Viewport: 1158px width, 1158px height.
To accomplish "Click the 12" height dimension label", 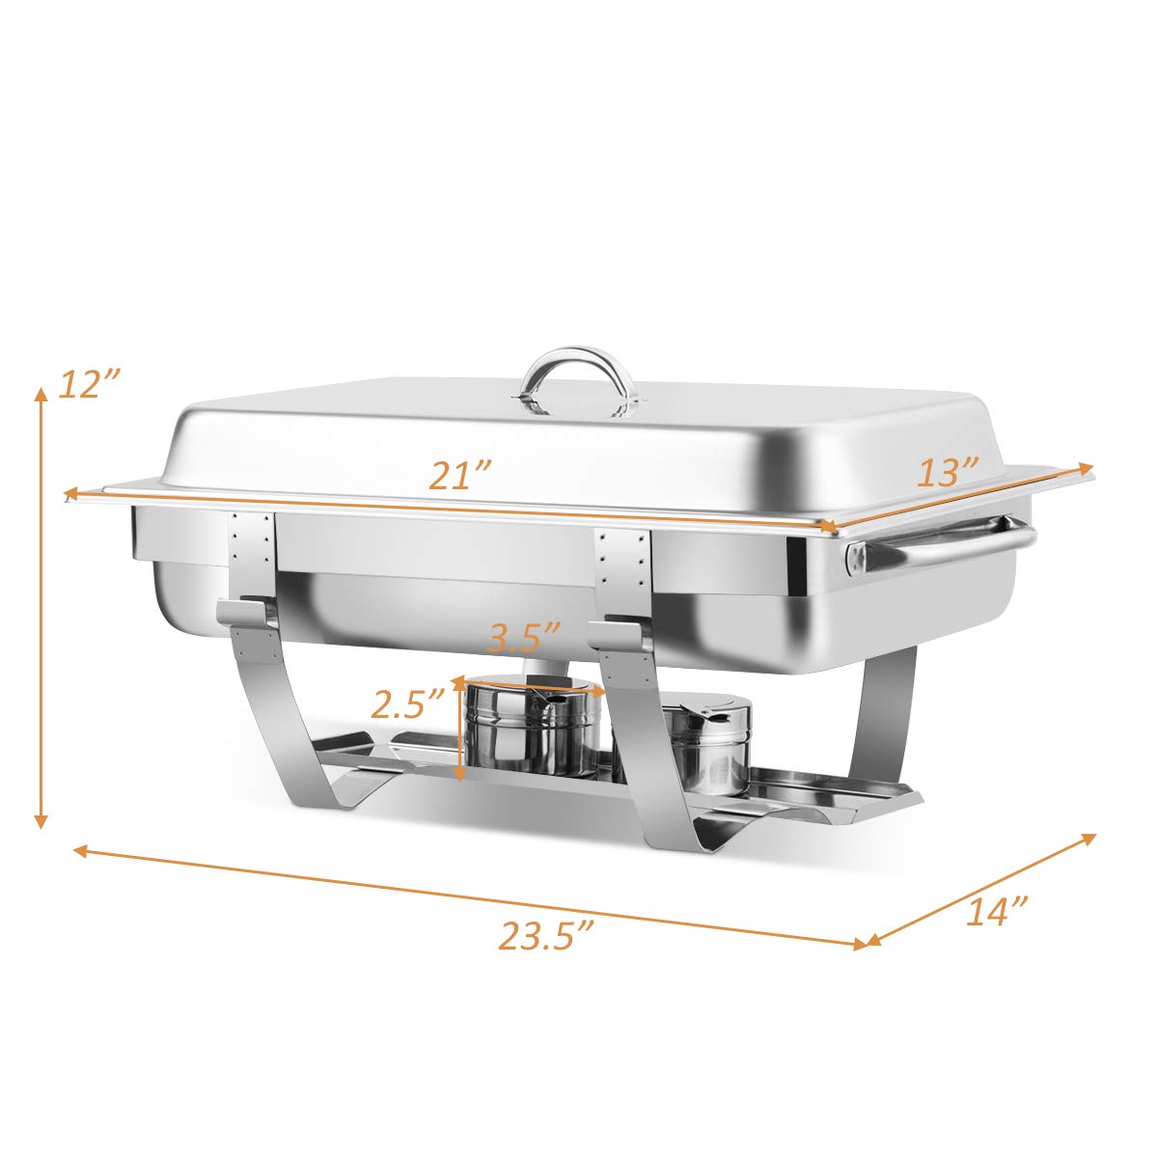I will (89, 384).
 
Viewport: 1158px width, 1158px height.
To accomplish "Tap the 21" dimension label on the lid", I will (460, 477).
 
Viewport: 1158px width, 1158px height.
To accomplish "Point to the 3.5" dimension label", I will (524, 638).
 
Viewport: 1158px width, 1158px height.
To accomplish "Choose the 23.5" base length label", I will (545, 935).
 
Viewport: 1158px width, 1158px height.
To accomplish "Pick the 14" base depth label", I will (996, 911).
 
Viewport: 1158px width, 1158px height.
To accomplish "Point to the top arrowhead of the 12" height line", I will (41, 394).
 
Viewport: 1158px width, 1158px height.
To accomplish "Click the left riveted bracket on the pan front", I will (252, 555).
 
